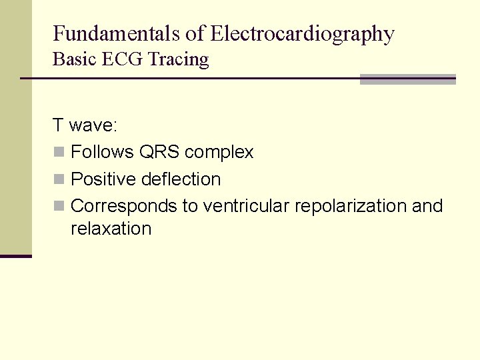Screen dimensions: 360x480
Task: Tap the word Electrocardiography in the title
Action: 302,33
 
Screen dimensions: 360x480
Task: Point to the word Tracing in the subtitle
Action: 179,59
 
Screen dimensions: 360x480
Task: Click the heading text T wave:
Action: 85,125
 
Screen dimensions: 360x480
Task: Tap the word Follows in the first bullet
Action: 102,152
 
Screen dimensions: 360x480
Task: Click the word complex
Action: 219,153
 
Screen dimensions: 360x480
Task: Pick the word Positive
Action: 103,179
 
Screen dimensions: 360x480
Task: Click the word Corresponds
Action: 123,206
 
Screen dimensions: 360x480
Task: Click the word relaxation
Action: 111,229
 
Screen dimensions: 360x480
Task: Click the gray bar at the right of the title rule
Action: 407,79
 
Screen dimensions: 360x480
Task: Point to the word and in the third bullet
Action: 427,206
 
